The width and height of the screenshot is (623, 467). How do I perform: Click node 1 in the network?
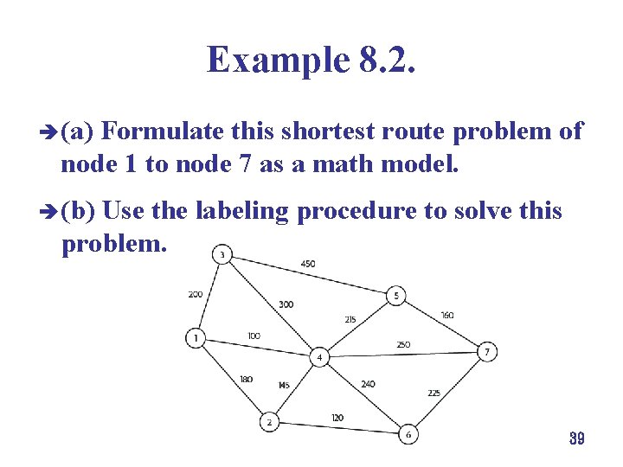[x=197, y=338]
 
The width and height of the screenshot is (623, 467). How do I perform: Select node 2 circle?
[x=270, y=422]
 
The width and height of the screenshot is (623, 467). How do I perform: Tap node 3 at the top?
[x=222, y=254]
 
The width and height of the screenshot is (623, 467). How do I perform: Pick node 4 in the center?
[x=319, y=357]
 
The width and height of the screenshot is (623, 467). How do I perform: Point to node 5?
[x=395, y=296]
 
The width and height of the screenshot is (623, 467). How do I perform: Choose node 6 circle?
[x=408, y=434]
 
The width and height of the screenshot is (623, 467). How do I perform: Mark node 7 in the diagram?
[x=487, y=352]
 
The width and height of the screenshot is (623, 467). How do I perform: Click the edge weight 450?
[x=308, y=264]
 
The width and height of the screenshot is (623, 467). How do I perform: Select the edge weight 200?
[x=195, y=294]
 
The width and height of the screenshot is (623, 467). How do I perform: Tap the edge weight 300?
[x=286, y=304]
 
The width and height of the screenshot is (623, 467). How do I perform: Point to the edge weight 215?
[x=350, y=319]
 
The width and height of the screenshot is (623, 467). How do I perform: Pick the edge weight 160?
[x=446, y=316]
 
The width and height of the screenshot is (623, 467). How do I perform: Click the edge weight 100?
[x=254, y=336]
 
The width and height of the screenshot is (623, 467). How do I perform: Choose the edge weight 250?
[x=403, y=345]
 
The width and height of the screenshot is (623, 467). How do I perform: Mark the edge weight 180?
[x=247, y=379]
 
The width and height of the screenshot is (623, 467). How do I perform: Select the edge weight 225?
[x=434, y=393]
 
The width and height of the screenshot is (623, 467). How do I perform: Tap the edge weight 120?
[x=337, y=418]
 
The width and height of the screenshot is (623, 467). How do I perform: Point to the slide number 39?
[x=577, y=439]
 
